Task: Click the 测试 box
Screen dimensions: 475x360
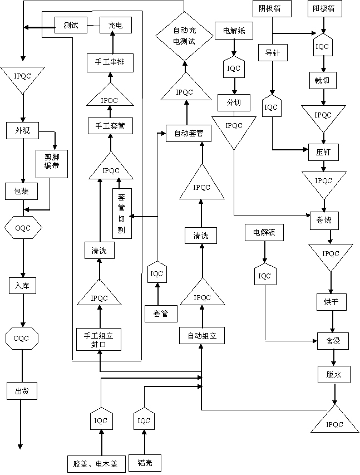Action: tap(71, 26)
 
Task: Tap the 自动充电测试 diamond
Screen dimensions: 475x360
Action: tap(184, 36)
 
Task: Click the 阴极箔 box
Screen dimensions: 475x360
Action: tap(270, 9)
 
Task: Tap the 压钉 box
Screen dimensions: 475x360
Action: tap(323, 151)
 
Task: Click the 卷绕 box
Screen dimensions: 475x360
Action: tap(324, 220)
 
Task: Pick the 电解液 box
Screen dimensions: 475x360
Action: tap(264, 233)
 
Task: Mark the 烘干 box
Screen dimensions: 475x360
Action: tap(332, 303)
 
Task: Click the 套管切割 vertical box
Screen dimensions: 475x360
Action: tap(122, 214)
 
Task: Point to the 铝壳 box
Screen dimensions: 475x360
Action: tap(145, 463)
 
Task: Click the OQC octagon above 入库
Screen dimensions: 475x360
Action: tap(23, 227)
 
